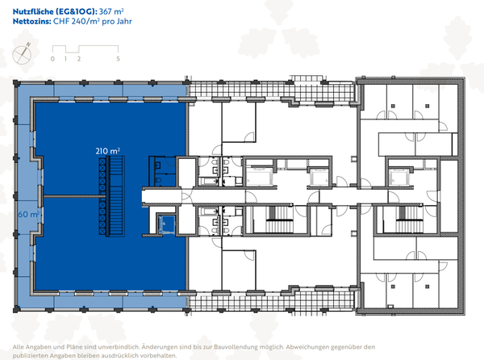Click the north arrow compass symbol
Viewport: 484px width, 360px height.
coord(23,54)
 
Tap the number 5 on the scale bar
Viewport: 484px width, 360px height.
coord(119,59)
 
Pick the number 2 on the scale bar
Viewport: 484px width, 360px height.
coord(79,59)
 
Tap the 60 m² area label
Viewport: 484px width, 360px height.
coord(27,215)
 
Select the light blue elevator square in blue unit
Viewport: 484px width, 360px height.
coord(167,224)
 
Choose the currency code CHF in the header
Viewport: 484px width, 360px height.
coord(63,23)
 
